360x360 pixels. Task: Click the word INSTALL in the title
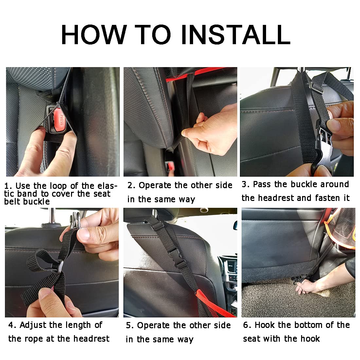pos(235,34)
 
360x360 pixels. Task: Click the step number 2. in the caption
pos(131,186)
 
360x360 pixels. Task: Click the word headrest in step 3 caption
pos(277,198)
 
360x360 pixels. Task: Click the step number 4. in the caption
pos(12,325)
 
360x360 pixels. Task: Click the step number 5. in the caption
pos(130,326)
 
